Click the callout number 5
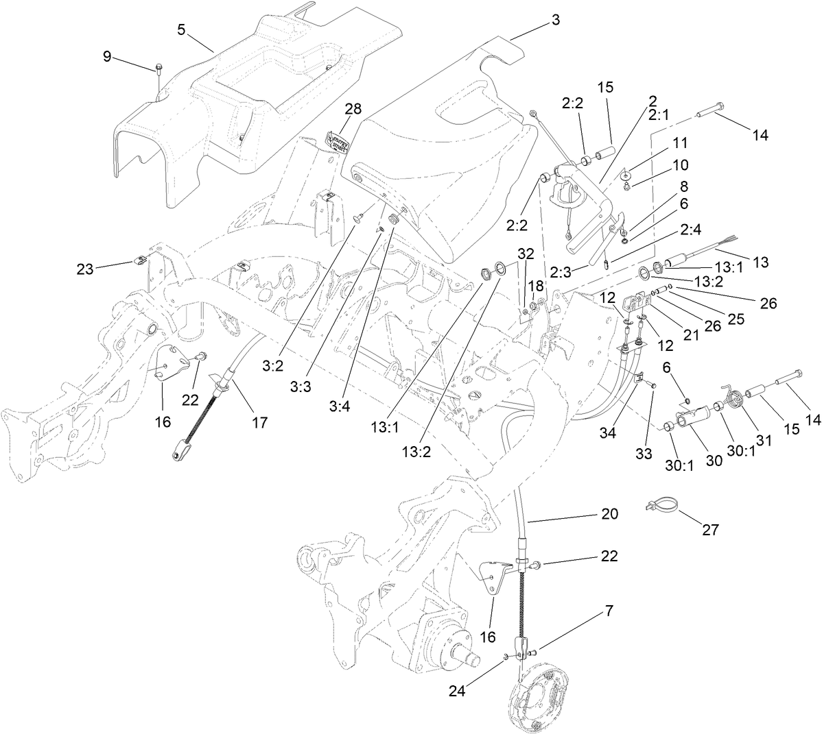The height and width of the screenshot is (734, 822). tap(181, 29)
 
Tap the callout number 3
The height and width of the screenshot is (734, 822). tap(555, 20)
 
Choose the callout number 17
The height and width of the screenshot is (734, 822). tap(259, 422)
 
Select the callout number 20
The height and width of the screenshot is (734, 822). tap(609, 513)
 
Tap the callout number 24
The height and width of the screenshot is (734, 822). tap(458, 690)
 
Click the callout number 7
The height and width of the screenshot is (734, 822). tap(609, 609)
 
